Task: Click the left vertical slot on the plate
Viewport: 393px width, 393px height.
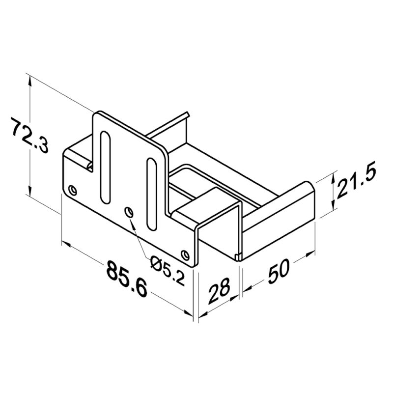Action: click(105, 167)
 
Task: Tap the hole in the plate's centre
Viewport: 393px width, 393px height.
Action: click(129, 212)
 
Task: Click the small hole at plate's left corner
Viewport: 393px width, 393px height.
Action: click(73, 189)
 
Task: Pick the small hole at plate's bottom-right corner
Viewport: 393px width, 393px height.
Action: click(185, 254)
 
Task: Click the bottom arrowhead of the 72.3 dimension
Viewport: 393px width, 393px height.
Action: click(31, 193)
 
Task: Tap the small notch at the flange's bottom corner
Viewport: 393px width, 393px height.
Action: click(238, 256)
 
